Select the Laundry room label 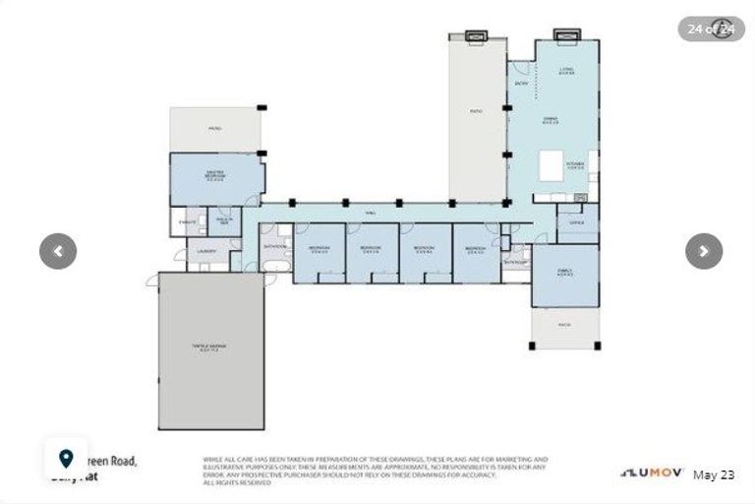205,251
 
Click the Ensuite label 187,222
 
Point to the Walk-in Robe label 223,221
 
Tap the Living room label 566,71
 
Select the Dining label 552,122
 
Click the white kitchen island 551,166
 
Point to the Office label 577,222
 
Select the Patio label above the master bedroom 214,129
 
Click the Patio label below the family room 564,325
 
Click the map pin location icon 66,459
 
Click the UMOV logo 651,473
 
